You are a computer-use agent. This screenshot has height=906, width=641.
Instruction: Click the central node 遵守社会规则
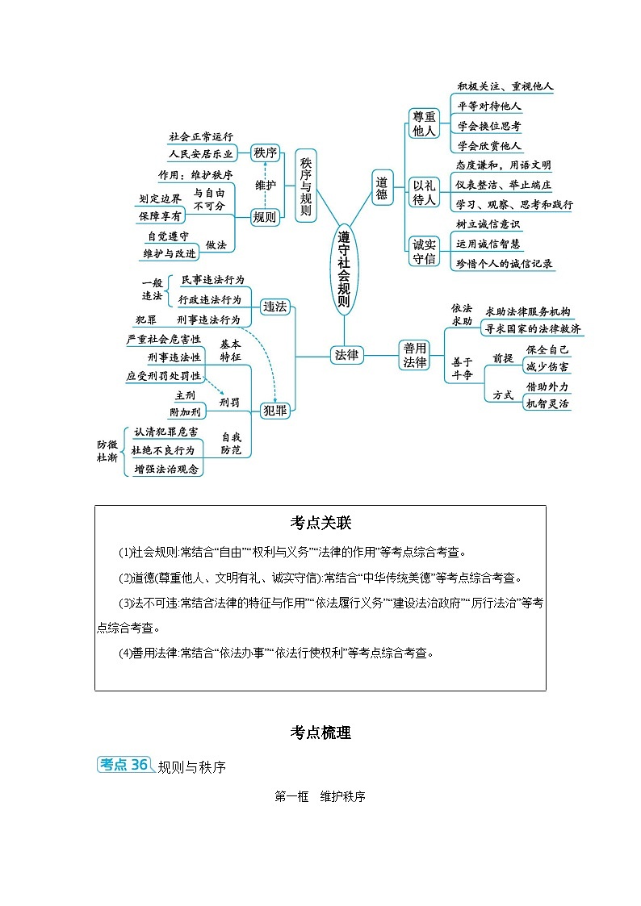(344, 270)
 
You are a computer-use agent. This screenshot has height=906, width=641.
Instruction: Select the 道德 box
(382, 187)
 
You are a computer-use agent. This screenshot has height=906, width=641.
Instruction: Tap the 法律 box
(347, 354)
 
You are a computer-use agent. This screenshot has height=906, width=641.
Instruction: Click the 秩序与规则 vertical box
(306, 186)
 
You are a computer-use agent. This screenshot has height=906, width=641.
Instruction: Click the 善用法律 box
(415, 354)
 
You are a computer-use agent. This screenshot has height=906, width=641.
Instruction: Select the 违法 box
(275, 307)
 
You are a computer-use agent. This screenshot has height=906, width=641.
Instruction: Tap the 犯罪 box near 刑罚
(275, 411)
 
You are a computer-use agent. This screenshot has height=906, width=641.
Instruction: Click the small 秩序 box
(265, 152)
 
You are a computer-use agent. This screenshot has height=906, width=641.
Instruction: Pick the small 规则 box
(265, 216)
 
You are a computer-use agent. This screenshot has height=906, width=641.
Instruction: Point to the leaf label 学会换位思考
(488, 127)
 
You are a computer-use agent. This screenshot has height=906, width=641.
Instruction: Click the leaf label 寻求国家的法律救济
(532, 329)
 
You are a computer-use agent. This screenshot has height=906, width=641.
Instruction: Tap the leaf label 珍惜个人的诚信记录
(505, 263)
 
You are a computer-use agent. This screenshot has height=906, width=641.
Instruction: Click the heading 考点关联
(320, 523)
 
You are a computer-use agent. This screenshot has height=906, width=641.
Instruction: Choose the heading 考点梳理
(320, 733)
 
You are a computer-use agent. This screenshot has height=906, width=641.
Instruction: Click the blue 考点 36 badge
(124, 764)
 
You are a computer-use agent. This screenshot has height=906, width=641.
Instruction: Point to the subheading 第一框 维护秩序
(320, 796)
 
